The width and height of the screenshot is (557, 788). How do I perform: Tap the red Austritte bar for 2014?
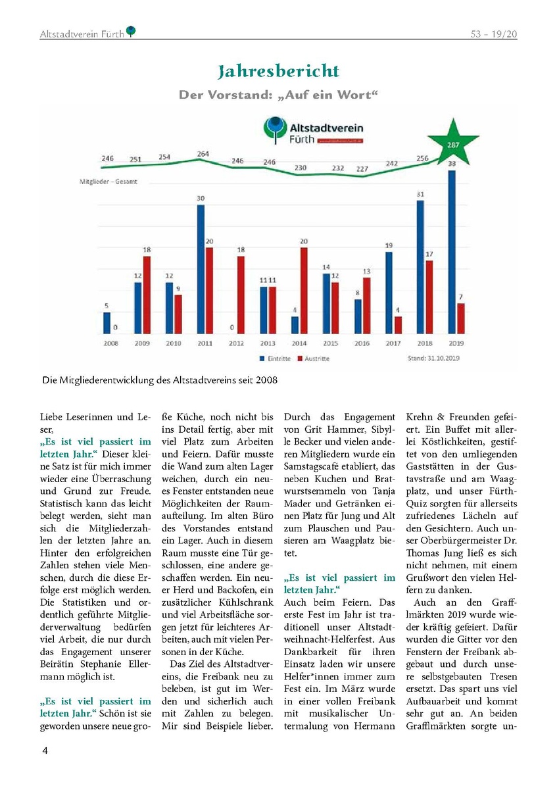303,291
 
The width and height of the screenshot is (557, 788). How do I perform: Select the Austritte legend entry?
314,358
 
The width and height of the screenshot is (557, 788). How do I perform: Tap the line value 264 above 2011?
205,155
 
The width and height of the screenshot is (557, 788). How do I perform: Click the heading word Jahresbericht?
279,71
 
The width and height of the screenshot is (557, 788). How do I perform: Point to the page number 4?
45,751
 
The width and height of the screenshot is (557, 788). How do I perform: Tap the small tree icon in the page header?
132,31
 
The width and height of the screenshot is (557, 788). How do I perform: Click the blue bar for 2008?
107,323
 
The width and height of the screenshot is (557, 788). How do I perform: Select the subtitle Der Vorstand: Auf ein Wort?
279,95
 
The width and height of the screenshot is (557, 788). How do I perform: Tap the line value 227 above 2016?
362,169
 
